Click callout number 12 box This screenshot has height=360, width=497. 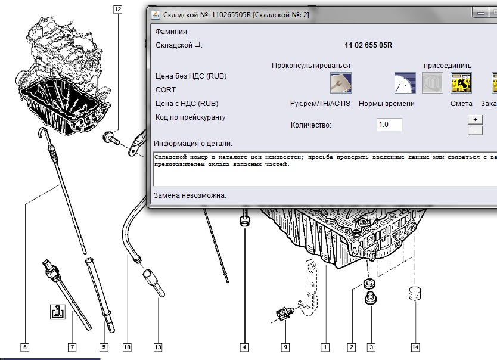(117, 9)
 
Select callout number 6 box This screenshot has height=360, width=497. (25, 347)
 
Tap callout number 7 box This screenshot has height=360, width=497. (72, 347)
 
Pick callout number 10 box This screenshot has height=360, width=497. (127, 347)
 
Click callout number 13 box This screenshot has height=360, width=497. (158, 347)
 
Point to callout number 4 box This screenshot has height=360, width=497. (244, 347)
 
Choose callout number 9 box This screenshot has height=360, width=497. (285, 347)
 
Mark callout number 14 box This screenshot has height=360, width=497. (415, 347)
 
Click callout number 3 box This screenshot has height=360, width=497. (371, 347)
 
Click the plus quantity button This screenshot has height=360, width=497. (475, 119)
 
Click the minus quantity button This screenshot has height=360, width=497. (475, 131)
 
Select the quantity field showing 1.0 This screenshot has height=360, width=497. (389, 125)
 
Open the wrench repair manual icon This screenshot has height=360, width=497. (341, 83)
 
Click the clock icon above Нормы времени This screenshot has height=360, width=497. (405, 83)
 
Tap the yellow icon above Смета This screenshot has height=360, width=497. (461, 83)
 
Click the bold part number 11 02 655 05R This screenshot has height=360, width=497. (368, 45)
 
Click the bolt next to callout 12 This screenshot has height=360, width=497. (111, 138)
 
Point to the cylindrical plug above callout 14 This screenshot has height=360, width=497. (415, 294)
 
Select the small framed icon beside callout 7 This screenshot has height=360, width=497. (58, 312)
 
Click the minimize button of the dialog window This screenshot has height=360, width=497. (481, 13)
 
